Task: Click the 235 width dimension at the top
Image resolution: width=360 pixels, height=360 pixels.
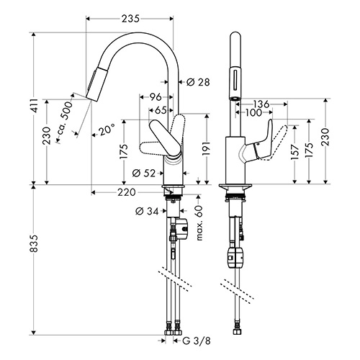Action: click(130, 19)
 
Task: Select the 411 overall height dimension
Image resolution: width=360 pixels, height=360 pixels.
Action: click(35, 105)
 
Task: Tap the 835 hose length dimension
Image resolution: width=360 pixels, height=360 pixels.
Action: click(35, 243)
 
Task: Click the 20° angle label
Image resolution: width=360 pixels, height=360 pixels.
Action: click(106, 130)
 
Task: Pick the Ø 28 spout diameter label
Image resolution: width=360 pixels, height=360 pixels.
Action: click(198, 82)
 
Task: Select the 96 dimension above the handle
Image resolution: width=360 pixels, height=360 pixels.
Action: click(156, 97)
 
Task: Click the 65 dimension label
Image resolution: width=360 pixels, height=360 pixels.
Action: click(161, 110)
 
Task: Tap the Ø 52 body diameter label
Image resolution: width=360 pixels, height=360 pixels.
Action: click(144, 173)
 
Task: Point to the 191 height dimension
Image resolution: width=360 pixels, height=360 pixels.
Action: click(207, 149)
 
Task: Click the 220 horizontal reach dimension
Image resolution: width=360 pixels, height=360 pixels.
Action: click(127, 192)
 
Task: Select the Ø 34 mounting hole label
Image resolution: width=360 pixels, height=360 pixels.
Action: click(147, 211)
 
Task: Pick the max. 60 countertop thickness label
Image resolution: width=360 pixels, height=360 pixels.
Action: click(199, 223)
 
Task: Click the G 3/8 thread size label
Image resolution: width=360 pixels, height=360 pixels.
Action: click(197, 341)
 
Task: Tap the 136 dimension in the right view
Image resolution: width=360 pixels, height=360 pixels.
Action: click(261, 104)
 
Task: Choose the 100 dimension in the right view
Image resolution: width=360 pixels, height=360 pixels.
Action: click(253, 112)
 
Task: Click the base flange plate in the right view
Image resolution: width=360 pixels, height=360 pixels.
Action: click(235, 186)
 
